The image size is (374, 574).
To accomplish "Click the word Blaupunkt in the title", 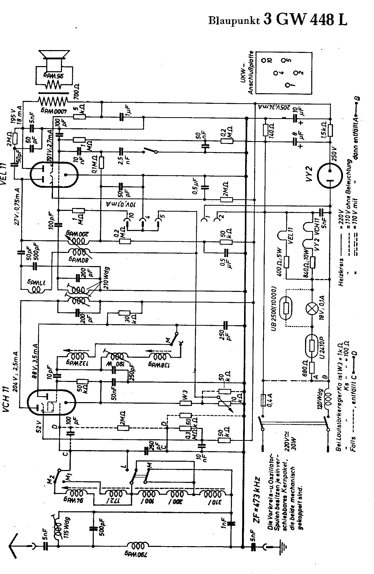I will click(x=234, y=20).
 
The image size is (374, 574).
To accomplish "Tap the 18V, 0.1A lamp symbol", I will click(x=312, y=309).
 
